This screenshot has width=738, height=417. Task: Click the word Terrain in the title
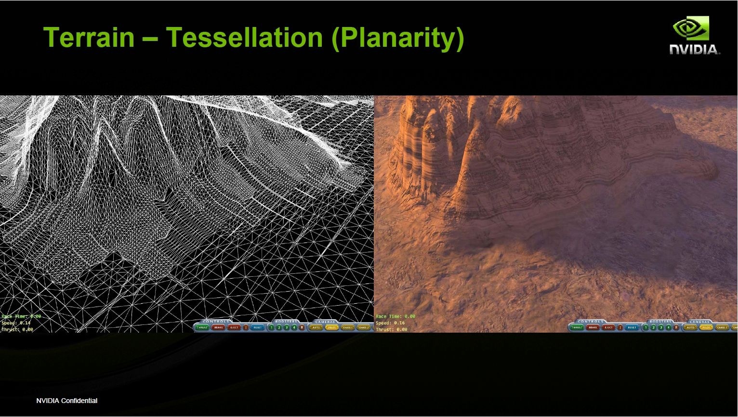(x=89, y=37)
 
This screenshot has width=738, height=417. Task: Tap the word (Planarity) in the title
(x=397, y=37)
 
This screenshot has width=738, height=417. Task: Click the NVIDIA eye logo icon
(x=691, y=28)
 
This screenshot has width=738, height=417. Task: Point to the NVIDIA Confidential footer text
(x=67, y=401)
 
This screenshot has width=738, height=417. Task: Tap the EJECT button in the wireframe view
(x=234, y=327)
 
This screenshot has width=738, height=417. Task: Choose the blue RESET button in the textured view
(x=632, y=327)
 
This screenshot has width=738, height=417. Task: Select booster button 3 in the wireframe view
(x=287, y=327)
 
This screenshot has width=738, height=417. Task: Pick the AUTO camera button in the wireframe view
(x=316, y=327)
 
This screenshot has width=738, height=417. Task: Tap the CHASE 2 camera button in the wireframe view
(x=364, y=327)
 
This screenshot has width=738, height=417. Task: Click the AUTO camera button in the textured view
(x=690, y=327)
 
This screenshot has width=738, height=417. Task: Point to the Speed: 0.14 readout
(x=16, y=323)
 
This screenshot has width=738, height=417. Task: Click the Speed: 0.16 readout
(x=390, y=323)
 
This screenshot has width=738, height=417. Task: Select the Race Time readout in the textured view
(x=395, y=316)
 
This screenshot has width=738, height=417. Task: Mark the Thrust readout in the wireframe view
(x=17, y=330)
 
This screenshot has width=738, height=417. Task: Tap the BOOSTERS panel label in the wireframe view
(x=286, y=321)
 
